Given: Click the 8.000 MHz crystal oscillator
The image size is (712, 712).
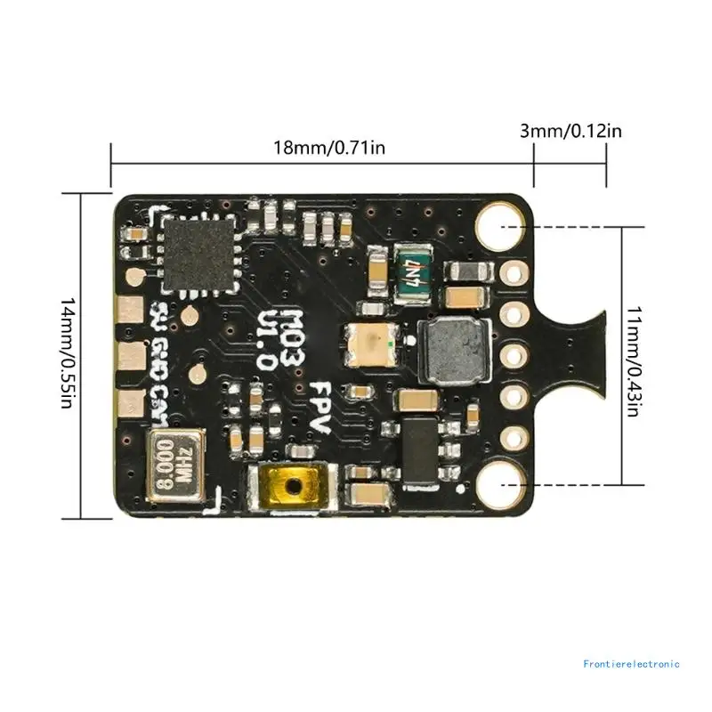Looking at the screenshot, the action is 175,461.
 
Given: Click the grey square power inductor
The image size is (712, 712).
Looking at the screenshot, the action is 453,348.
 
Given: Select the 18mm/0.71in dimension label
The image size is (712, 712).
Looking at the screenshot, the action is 328,148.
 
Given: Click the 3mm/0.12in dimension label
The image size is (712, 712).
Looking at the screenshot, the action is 570,132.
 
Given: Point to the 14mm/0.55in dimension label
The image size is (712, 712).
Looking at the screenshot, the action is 67,353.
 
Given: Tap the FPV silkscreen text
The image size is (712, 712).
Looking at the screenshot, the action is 318,408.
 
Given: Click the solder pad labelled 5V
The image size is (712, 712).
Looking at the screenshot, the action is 131,310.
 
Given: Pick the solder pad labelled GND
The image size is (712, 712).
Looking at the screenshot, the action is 131,358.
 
